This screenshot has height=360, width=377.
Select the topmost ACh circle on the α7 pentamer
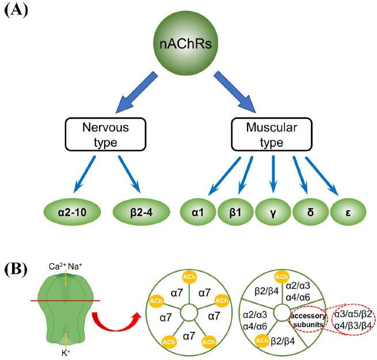coord(187,276)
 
